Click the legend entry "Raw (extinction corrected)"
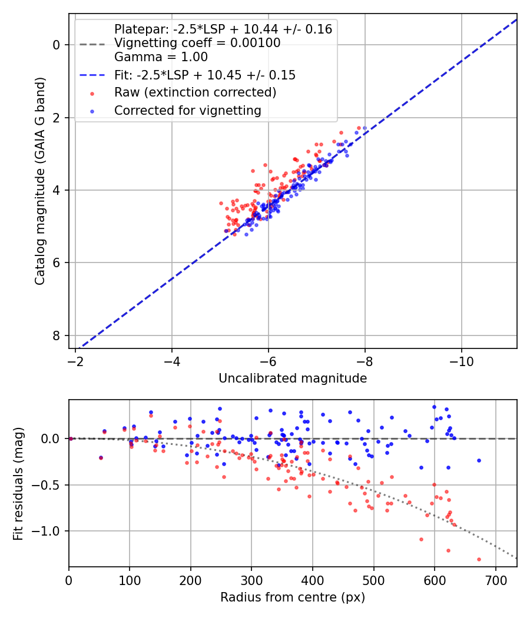point(195,92)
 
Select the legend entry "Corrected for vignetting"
point(188,111)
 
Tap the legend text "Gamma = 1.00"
point(161,57)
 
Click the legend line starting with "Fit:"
point(205,75)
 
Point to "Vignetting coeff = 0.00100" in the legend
point(197,42)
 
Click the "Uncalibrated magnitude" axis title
point(293,378)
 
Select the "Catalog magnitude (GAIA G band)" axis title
point(40,181)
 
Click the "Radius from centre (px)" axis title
point(293,597)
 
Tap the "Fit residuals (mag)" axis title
point(18,484)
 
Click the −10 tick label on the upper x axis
point(461,361)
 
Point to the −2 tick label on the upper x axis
point(75,361)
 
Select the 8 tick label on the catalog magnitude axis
point(57,336)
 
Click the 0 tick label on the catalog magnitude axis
point(57,45)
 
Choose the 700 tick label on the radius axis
point(495,580)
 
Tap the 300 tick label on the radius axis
point(251,580)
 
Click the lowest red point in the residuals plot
point(479,559)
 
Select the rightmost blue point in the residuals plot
point(479,460)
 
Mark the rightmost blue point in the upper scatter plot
point(365,128)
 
